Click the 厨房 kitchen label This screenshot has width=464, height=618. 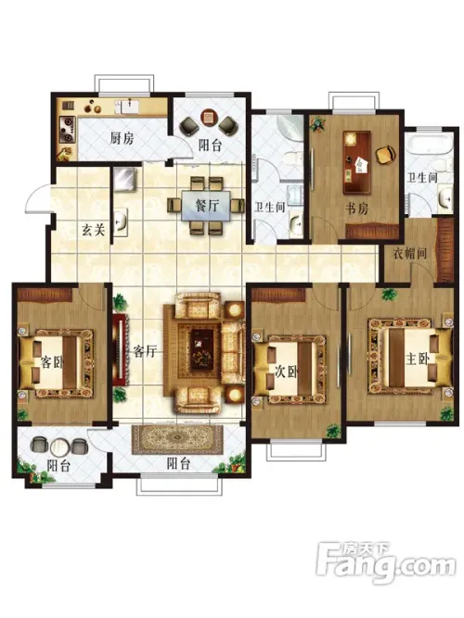[x=122, y=138]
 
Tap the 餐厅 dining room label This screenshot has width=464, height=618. [x=207, y=205]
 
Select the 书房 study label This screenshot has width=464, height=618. [x=357, y=208]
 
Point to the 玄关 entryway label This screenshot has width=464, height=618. [x=94, y=229]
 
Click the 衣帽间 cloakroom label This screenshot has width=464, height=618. [x=410, y=253]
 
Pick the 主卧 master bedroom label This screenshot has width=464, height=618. [x=418, y=359]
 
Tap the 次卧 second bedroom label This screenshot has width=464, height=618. [x=287, y=372]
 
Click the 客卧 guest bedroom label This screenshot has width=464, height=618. [x=52, y=362]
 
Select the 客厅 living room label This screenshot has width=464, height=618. [x=145, y=351]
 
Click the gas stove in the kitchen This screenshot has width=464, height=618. [x=67, y=129]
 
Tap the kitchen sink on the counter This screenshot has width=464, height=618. [x=126, y=107]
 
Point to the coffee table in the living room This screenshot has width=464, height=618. [x=202, y=349]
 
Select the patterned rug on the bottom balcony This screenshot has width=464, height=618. [x=177, y=439]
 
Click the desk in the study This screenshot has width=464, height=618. [x=357, y=162]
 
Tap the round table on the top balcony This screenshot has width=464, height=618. [x=209, y=117]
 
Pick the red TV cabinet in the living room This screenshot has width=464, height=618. [x=120, y=349]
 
